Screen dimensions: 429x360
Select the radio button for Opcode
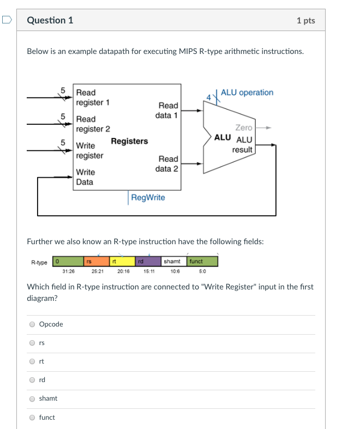pyautogui.click(x=33, y=324)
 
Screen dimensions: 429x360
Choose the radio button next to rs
pyautogui.click(x=33, y=343)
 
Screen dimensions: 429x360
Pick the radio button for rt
pyautogui.click(x=33, y=361)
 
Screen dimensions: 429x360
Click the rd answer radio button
pyautogui.click(x=33, y=380)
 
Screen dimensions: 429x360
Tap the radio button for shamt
pyautogui.click(x=33, y=398)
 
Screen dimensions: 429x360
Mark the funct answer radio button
pyautogui.click(x=33, y=418)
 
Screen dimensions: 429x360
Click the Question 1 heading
pyautogui.click(x=50, y=21)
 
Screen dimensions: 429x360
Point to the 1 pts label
pyautogui.click(x=305, y=21)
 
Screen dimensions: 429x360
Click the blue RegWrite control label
pyautogui.click(x=147, y=197)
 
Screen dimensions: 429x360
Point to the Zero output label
pyautogui.click(x=243, y=128)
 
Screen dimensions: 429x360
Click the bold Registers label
pyautogui.click(x=129, y=141)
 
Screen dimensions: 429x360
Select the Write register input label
pyautogui.click(x=89, y=150)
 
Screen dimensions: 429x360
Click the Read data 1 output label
pyautogui.click(x=167, y=110)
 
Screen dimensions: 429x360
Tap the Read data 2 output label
pyautogui.click(x=167, y=164)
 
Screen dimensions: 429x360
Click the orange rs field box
pyautogui.click(x=95, y=262)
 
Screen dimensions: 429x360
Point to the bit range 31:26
pyautogui.click(x=68, y=271)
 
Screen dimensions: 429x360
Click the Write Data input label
pyautogui.click(x=85, y=177)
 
